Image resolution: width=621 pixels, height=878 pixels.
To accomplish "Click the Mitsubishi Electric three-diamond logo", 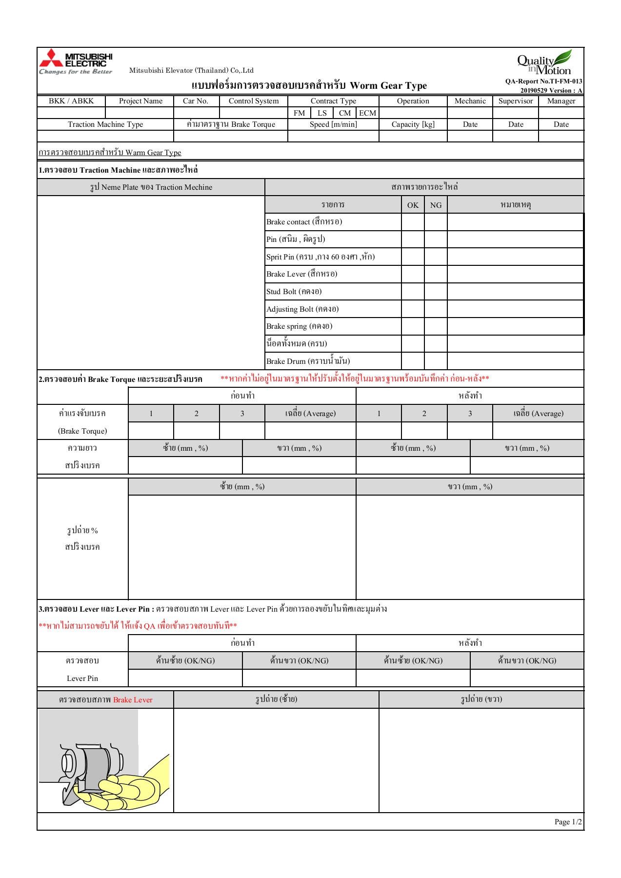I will (x=51, y=58).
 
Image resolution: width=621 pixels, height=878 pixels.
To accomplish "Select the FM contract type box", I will (x=299, y=113).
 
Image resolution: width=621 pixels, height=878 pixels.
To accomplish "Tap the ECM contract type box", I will (x=367, y=113).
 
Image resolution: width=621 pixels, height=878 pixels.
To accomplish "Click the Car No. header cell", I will (x=196, y=101).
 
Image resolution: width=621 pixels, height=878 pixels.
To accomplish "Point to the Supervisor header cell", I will (x=515, y=101).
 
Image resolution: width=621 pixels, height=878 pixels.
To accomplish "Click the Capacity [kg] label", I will (x=413, y=124).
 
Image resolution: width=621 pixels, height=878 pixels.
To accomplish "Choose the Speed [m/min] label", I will (x=333, y=124).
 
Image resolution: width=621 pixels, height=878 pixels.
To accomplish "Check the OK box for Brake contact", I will (x=413, y=222).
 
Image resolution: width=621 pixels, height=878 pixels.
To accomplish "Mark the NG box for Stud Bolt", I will (x=436, y=292).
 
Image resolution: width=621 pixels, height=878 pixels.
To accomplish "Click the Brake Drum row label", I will (x=308, y=361).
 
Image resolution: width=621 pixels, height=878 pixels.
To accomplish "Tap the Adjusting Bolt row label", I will (x=302, y=309).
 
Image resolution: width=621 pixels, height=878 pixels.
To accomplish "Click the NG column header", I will (x=436, y=205).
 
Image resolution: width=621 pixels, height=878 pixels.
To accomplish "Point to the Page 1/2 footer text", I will (x=568, y=822).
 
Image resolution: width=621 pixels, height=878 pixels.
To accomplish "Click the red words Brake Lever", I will (x=133, y=700).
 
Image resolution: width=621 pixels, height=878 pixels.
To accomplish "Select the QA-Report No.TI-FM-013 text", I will (x=543, y=81).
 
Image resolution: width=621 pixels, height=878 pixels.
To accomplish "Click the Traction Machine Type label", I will (x=105, y=124).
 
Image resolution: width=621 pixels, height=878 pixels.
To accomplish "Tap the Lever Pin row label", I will (x=82, y=678).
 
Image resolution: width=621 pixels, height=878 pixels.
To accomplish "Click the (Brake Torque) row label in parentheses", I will (x=82, y=431).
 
